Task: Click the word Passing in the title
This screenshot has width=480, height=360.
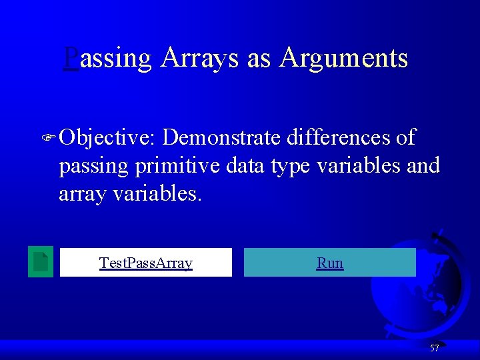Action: [x=108, y=59]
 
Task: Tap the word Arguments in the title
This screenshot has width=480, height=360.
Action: [x=343, y=58]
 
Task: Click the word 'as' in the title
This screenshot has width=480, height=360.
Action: [x=259, y=59]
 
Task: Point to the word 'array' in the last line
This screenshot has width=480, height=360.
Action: [x=79, y=195]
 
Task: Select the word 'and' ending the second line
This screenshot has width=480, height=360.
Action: [x=423, y=165]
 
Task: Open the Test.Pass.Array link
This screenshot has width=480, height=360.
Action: [x=146, y=263]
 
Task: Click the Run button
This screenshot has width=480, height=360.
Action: [x=330, y=263]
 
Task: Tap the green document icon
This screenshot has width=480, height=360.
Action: [x=41, y=261]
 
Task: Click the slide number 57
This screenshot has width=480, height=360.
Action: [x=434, y=348]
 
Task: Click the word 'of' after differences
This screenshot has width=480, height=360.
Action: [x=405, y=137]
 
